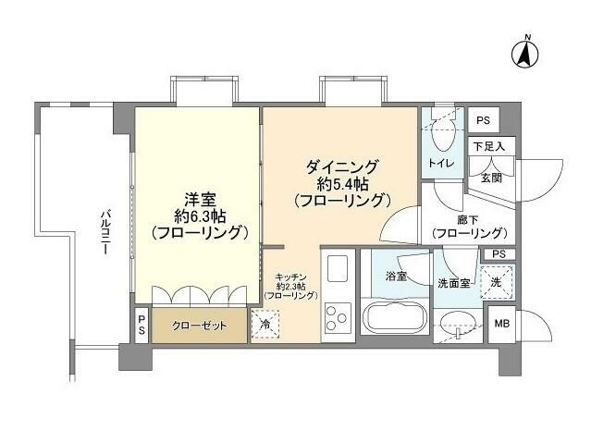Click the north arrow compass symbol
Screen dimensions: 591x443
524,54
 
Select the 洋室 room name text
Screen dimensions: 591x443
200,200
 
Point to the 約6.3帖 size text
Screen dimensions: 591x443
200,216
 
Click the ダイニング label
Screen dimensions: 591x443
342,167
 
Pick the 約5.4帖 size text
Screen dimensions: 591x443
342,184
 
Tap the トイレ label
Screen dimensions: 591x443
441,164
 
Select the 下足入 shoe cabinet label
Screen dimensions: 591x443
489,146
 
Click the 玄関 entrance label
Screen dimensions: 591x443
491,178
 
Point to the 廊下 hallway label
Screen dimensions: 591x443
468,220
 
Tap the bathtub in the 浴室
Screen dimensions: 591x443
395,318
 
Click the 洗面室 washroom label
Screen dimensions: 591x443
454,283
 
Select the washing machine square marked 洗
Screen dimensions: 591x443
497,282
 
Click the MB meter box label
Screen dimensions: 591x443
501,324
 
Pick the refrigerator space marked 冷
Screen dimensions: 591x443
265,324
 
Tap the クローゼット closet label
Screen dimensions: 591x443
199,325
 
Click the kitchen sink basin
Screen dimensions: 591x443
338,268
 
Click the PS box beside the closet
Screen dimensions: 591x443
142,326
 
